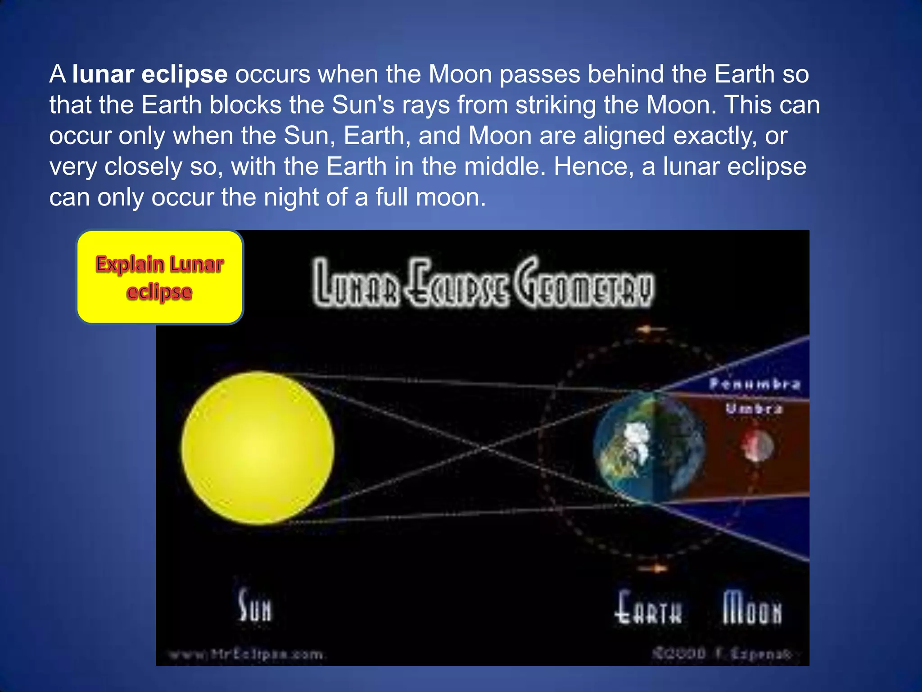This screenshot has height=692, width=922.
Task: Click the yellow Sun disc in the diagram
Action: tap(258, 448)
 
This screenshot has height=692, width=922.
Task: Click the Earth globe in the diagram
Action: tap(648, 448)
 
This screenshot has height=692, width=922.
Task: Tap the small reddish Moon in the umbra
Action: tap(758, 446)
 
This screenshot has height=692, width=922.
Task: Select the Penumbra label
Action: tap(755, 384)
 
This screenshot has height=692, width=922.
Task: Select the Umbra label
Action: tap(754, 409)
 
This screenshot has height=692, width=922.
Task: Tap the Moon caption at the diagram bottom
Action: tap(752, 608)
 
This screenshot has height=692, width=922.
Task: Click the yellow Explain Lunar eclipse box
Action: tap(160, 277)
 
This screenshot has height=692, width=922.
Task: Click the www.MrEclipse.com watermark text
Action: tap(246, 654)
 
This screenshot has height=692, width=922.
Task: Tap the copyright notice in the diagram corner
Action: tap(722, 653)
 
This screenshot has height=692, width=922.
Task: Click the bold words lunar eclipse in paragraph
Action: tap(150, 74)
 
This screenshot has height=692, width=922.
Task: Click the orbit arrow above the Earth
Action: tap(651, 329)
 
